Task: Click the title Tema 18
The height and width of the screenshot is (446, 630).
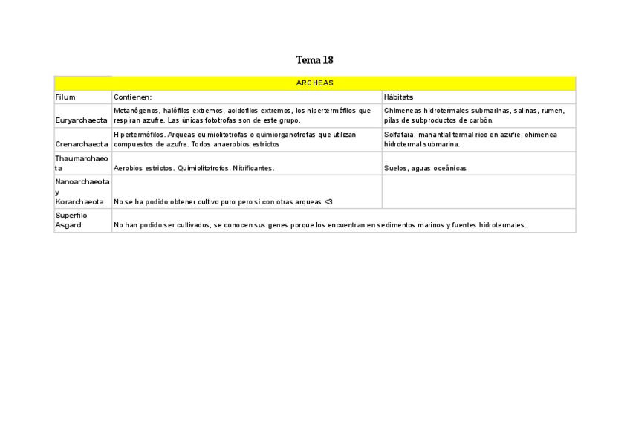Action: pyautogui.click(x=314, y=60)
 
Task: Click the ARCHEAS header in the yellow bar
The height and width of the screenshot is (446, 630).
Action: pyautogui.click(x=314, y=83)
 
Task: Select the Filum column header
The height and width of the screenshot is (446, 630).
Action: pyautogui.click(x=65, y=97)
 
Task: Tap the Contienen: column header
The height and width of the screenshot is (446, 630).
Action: pyautogui.click(x=133, y=97)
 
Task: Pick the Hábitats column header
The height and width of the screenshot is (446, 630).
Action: pyautogui.click(x=399, y=97)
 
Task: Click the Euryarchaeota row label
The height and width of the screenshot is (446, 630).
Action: pyautogui.click(x=81, y=120)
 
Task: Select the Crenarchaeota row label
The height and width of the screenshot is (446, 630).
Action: pyautogui.click(x=82, y=144)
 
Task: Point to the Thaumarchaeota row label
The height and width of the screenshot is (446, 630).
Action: pyautogui.click(x=82, y=163)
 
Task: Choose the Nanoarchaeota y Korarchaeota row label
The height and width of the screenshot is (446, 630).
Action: pyautogui.click(x=82, y=191)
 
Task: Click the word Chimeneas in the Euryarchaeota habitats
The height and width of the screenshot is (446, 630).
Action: pyautogui.click(x=403, y=111)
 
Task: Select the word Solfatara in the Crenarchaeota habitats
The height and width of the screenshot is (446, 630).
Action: pyautogui.click(x=400, y=135)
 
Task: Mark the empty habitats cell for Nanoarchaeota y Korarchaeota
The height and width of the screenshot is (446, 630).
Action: pyautogui.click(x=478, y=192)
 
